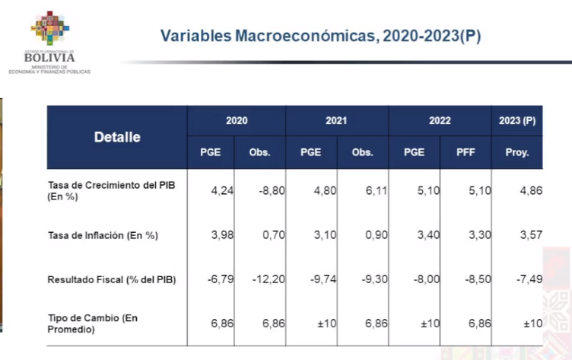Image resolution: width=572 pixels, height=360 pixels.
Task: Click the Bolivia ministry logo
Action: (x=50, y=42)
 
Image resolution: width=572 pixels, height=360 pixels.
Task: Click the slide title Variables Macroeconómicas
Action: (x=320, y=36)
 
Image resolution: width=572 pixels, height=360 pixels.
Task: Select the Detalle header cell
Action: (x=117, y=138)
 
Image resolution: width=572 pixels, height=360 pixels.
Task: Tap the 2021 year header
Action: (x=336, y=121)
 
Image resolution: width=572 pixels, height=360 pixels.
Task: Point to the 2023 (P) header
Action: (x=517, y=121)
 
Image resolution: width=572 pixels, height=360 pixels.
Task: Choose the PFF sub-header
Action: (x=466, y=152)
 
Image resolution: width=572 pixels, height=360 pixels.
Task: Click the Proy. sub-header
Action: (x=517, y=152)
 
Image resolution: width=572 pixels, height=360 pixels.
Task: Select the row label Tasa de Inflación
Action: (x=103, y=235)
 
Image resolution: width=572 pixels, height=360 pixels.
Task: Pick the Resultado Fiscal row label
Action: (x=111, y=279)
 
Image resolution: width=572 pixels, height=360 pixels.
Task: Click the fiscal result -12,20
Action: (x=267, y=279)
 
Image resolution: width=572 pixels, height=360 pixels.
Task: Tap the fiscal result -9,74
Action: (x=320, y=279)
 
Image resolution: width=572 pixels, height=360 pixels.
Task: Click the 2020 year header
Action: (x=237, y=121)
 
